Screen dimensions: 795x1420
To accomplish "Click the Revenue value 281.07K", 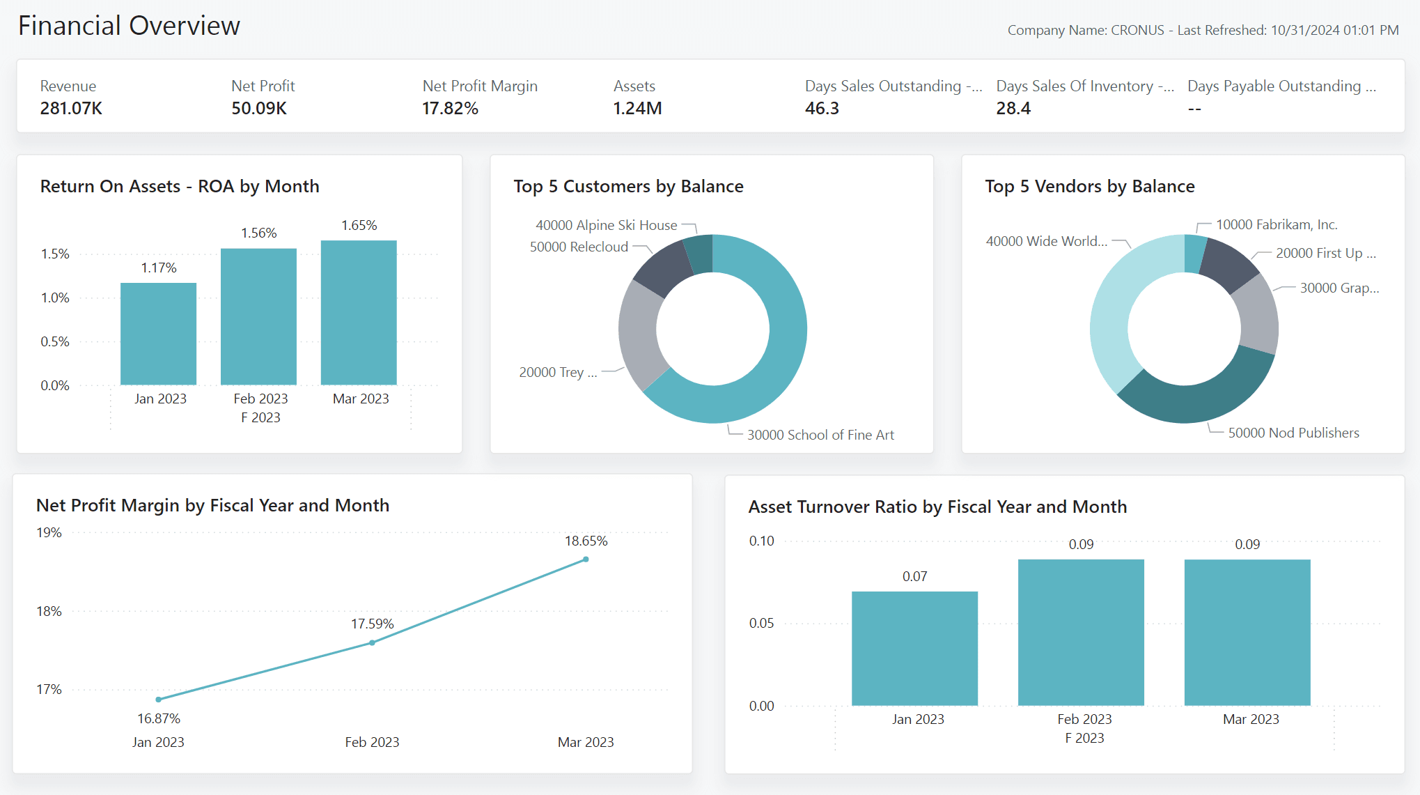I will [71, 109].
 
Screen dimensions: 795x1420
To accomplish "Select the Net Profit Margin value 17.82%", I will [450, 109].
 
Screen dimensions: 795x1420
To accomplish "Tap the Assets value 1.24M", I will [637, 109].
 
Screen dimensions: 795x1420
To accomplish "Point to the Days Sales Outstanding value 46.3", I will [822, 109].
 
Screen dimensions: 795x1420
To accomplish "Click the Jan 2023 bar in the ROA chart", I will [158, 334].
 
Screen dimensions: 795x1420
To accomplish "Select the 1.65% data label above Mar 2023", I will [359, 225].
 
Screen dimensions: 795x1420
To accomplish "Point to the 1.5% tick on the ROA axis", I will [55, 254].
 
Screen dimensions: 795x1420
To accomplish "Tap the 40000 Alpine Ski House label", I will [606, 225].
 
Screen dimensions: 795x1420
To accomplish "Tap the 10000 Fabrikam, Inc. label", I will [1276, 224].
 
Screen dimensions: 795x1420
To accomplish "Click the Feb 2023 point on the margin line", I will [372, 642].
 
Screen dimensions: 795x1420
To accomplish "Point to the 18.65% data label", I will [586, 541].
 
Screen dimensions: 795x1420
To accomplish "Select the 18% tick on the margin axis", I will [49, 611].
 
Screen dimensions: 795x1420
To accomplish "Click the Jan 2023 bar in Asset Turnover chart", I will [914, 648].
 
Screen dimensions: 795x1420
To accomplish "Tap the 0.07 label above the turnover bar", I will [914, 576].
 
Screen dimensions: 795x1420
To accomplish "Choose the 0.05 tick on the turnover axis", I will [761, 623].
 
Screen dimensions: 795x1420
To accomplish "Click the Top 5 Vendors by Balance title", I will [1089, 186].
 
